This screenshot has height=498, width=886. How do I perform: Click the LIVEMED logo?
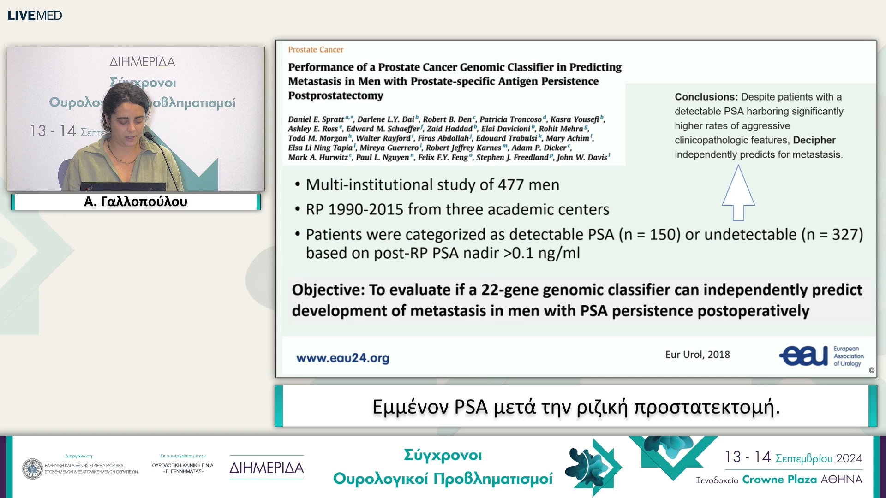35,15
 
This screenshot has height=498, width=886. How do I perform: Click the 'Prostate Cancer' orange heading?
316,49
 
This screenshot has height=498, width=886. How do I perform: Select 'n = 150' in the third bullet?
649,235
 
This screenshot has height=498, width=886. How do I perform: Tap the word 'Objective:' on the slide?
328,290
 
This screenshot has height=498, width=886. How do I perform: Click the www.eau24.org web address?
342,358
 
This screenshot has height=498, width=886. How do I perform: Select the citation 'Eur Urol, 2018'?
697,355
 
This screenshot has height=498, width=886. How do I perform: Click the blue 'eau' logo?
803,356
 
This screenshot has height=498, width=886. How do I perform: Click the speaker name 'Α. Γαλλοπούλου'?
136,202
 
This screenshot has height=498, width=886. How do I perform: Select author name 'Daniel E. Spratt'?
316,119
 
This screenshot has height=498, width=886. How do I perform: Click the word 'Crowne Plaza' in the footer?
779,480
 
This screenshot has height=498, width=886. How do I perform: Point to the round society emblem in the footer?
32,468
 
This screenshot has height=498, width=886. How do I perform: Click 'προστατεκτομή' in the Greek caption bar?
706,407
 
